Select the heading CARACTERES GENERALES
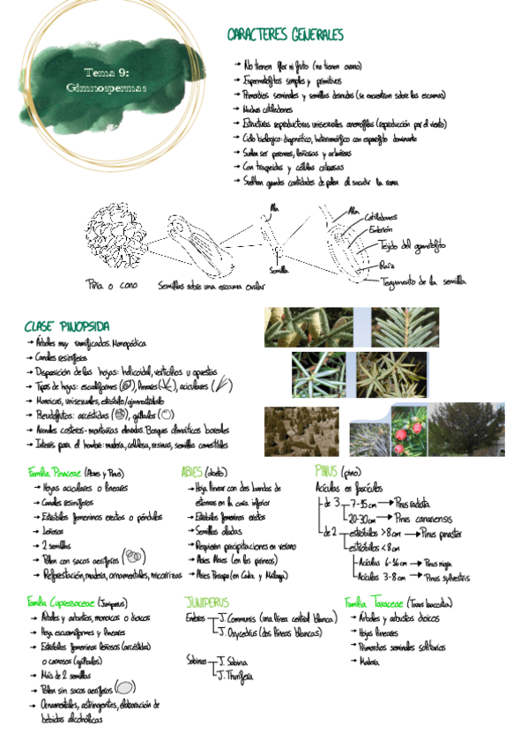285,35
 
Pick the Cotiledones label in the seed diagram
379,216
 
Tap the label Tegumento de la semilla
423,281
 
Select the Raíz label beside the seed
387,264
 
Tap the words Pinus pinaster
449,534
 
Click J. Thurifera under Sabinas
234,676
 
